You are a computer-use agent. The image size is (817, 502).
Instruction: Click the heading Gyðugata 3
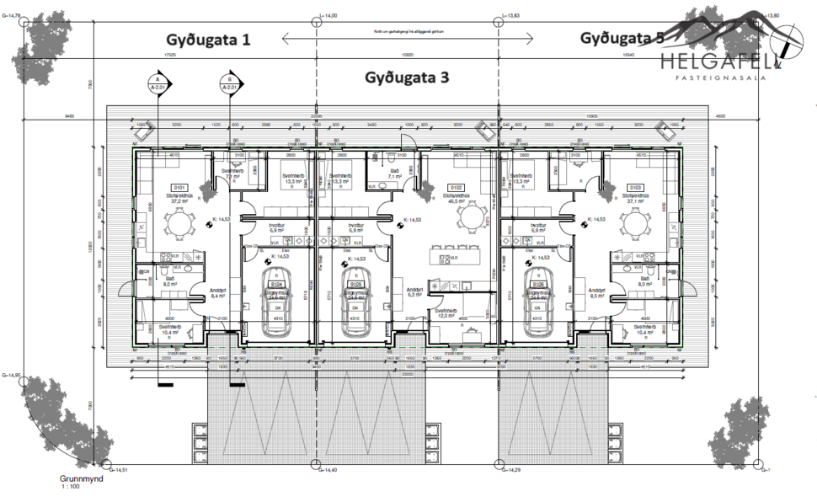pyautogui.click(x=407, y=77)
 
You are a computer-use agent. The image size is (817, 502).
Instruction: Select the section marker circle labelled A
pyautogui.click(x=158, y=83)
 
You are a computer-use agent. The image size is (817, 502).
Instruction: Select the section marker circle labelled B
pyautogui.click(x=229, y=83)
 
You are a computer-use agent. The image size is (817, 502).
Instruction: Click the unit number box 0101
pyautogui.click(x=179, y=187)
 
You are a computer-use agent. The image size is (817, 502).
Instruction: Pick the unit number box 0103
pyautogui.click(x=636, y=187)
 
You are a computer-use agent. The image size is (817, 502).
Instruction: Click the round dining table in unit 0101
pyautogui.click(x=178, y=223)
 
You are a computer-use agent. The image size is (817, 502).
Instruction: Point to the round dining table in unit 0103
pyautogui.click(x=637, y=223)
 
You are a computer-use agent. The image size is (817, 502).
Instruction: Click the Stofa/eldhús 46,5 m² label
pyautogui.click(x=456, y=198)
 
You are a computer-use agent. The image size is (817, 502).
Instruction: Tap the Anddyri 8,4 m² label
pyautogui.click(x=219, y=294)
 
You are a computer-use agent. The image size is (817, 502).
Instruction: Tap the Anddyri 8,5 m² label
pyautogui.click(x=598, y=294)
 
